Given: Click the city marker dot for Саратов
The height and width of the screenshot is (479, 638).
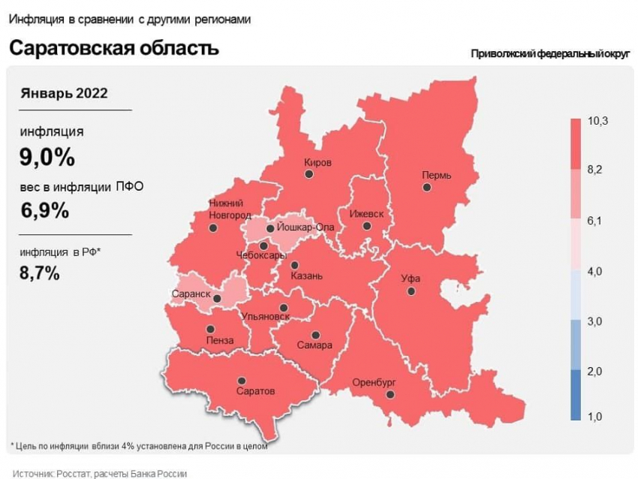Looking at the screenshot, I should (241, 381).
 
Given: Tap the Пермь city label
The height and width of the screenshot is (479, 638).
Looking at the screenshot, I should (436, 175).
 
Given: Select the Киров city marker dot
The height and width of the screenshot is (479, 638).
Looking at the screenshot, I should (308, 173).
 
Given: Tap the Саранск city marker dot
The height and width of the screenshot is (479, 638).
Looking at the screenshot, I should (217, 298).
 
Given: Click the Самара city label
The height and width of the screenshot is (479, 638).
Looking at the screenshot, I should (314, 346).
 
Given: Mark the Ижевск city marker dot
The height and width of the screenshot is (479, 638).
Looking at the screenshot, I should (366, 225).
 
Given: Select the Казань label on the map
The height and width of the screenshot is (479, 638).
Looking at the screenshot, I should (306, 276).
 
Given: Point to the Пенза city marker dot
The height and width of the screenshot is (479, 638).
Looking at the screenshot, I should (210, 329).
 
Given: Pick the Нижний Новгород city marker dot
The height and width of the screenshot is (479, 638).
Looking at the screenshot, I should (213, 227).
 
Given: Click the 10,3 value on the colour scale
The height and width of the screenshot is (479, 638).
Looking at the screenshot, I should (597, 121).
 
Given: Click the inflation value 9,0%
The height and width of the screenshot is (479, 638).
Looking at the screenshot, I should (47, 158).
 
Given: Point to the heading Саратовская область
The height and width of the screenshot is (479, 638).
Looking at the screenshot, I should (113, 48).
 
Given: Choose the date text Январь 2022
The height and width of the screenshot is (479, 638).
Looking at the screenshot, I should (64, 93).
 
